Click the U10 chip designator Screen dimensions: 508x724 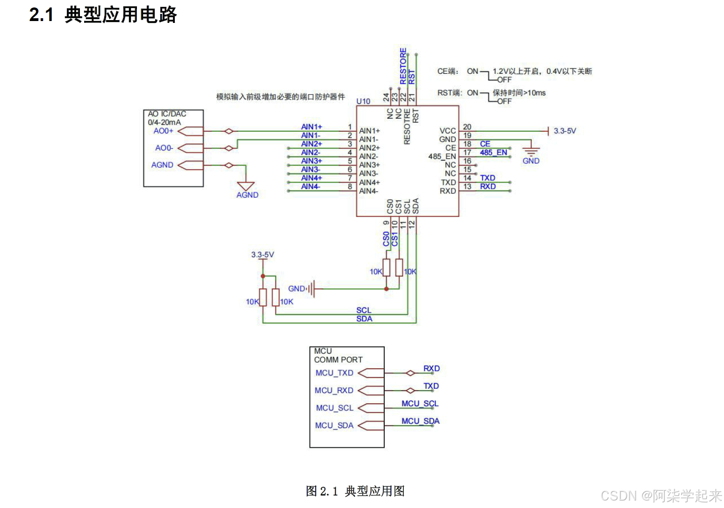pos(363,101)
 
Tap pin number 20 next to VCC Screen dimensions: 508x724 pos(467,127)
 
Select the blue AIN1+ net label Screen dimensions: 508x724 pos(311,127)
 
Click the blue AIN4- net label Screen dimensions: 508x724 pos(310,186)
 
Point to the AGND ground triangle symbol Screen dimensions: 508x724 pos(246,186)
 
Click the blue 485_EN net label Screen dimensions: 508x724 pos(493,152)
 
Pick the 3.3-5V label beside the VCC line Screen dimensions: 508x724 pos(565,131)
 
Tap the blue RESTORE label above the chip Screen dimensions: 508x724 pos(403,66)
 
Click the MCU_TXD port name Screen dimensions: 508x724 pos(334,373)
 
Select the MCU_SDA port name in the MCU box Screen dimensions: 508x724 pos(334,425)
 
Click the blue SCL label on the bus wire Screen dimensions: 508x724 pos(364,310)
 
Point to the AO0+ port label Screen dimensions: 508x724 pos(163,131)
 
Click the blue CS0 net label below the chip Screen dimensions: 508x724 pos(386,238)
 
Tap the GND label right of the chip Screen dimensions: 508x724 pos(531,161)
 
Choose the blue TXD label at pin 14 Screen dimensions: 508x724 pos(487,178)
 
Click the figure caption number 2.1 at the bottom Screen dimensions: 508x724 pos(329,491)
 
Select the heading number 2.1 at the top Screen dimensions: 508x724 pos(41,15)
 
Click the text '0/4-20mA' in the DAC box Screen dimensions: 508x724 pos(164,122)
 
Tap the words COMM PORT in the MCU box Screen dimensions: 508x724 pos(338,360)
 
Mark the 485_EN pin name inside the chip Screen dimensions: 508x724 pos(442,157)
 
